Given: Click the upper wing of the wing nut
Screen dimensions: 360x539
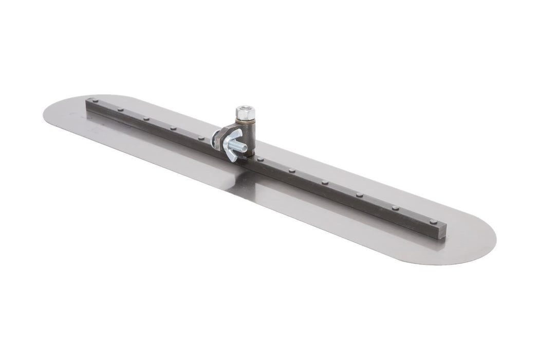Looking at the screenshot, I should (x=237, y=133).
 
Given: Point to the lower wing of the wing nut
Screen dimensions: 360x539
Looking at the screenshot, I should (x=231, y=157).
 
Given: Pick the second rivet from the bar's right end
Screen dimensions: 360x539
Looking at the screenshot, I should (x=396, y=208).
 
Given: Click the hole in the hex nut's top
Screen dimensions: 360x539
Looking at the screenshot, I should (x=246, y=109).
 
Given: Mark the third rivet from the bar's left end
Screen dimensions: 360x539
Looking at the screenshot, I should (x=146, y=119).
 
